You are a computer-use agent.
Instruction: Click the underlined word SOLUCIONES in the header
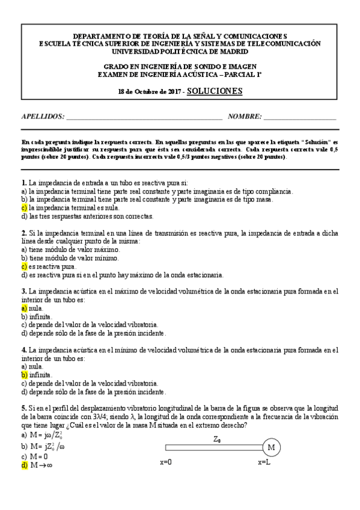coord(215,91)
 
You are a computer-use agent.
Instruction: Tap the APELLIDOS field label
coord(43,116)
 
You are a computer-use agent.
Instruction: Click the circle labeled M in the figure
coord(270,447)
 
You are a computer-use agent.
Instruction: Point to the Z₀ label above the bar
coord(216,440)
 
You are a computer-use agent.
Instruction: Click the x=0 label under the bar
coord(166,463)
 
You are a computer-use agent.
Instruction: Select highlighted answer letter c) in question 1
coord(25,207)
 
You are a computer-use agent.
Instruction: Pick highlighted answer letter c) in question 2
coord(25,266)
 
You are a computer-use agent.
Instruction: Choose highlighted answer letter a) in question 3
coord(25,307)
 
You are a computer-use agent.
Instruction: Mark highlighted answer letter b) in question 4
coord(25,374)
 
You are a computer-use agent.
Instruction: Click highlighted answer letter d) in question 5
coord(25,465)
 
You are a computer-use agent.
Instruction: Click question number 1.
coord(23,182)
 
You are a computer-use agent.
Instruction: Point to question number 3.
coord(23,291)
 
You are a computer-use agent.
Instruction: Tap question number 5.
coord(23,408)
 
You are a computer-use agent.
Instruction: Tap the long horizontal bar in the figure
coord(213,447)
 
